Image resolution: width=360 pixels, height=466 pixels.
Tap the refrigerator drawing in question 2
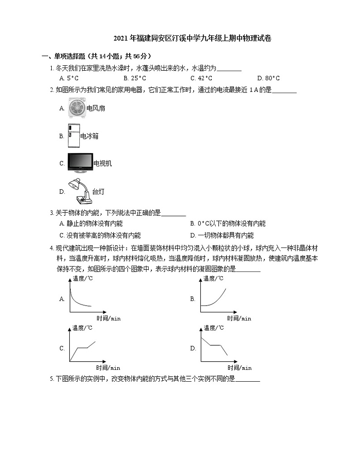pyautogui.click(x=73, y=136)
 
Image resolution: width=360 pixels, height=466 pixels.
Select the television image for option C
pyautogui.click(x=80, y=163)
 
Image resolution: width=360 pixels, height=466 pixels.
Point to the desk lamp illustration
pyautogui.click(x=79, y=191)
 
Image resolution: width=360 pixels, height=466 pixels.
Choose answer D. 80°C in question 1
pyautogui.click(x=268, y=78)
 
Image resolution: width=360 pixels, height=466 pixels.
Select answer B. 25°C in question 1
pyautogui.click(x=135, y=78)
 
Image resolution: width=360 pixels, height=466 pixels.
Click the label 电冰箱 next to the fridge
pyautogui.click(x=89, y=136)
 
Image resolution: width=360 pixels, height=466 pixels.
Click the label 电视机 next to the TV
pyautogui.click(x=102, y=164)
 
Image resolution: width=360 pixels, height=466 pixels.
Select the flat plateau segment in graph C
pyautogui.click(x=82, y=348)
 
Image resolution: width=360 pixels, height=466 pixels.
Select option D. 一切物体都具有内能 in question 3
pyautogui.click(x=222, y=235)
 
